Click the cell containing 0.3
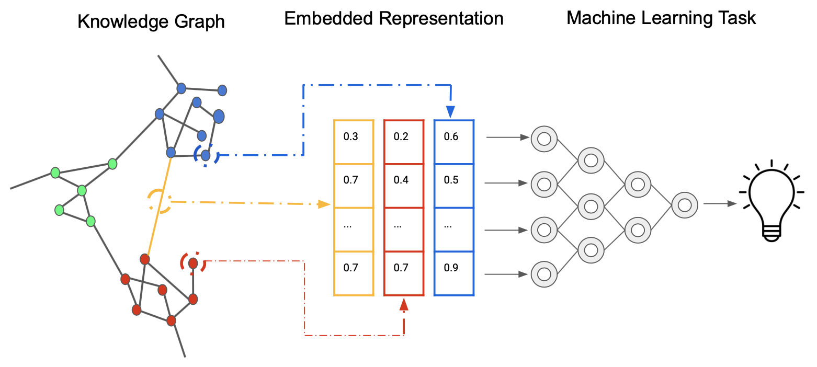tap(354, 142)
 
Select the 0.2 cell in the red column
tap(404, 142)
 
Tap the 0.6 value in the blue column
tap(454, 142)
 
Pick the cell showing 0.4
tap(404, 186)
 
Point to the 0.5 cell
tap(454, 186)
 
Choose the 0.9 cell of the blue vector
tap(454, 274)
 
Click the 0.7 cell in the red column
tap(404, 274)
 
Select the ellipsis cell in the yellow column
tap(354, 230)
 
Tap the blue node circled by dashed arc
tap(206, 155)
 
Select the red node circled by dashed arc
tap(192, 263)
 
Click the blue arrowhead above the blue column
tap(450, 112)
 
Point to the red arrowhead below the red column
tap(404, 304)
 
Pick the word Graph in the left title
tap(201, 22)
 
